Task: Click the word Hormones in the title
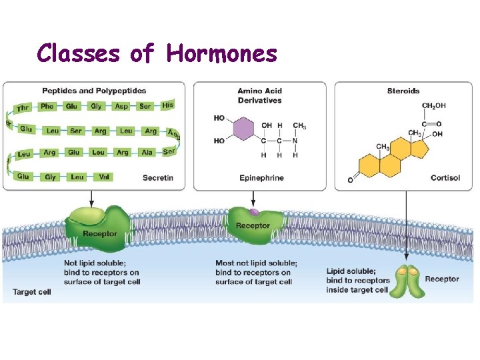point(221,53)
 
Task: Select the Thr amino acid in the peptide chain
point(23,107)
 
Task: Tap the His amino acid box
point(168,105)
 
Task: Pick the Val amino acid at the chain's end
point(104,177)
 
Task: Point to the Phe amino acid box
point(47,106)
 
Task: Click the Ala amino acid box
point(147,153)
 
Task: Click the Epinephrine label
point(261,178)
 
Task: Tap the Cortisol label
point(445,178)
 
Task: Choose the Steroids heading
point(403,91)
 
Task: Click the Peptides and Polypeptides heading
point(94,91)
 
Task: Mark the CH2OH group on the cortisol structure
point(434,105)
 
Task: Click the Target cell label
point(32,292)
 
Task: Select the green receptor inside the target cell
point(406,281)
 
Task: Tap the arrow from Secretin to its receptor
point(91,197)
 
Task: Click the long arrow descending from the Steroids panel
point(406,227)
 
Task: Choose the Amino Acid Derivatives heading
point(259,95)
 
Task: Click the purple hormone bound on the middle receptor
point(254,213)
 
